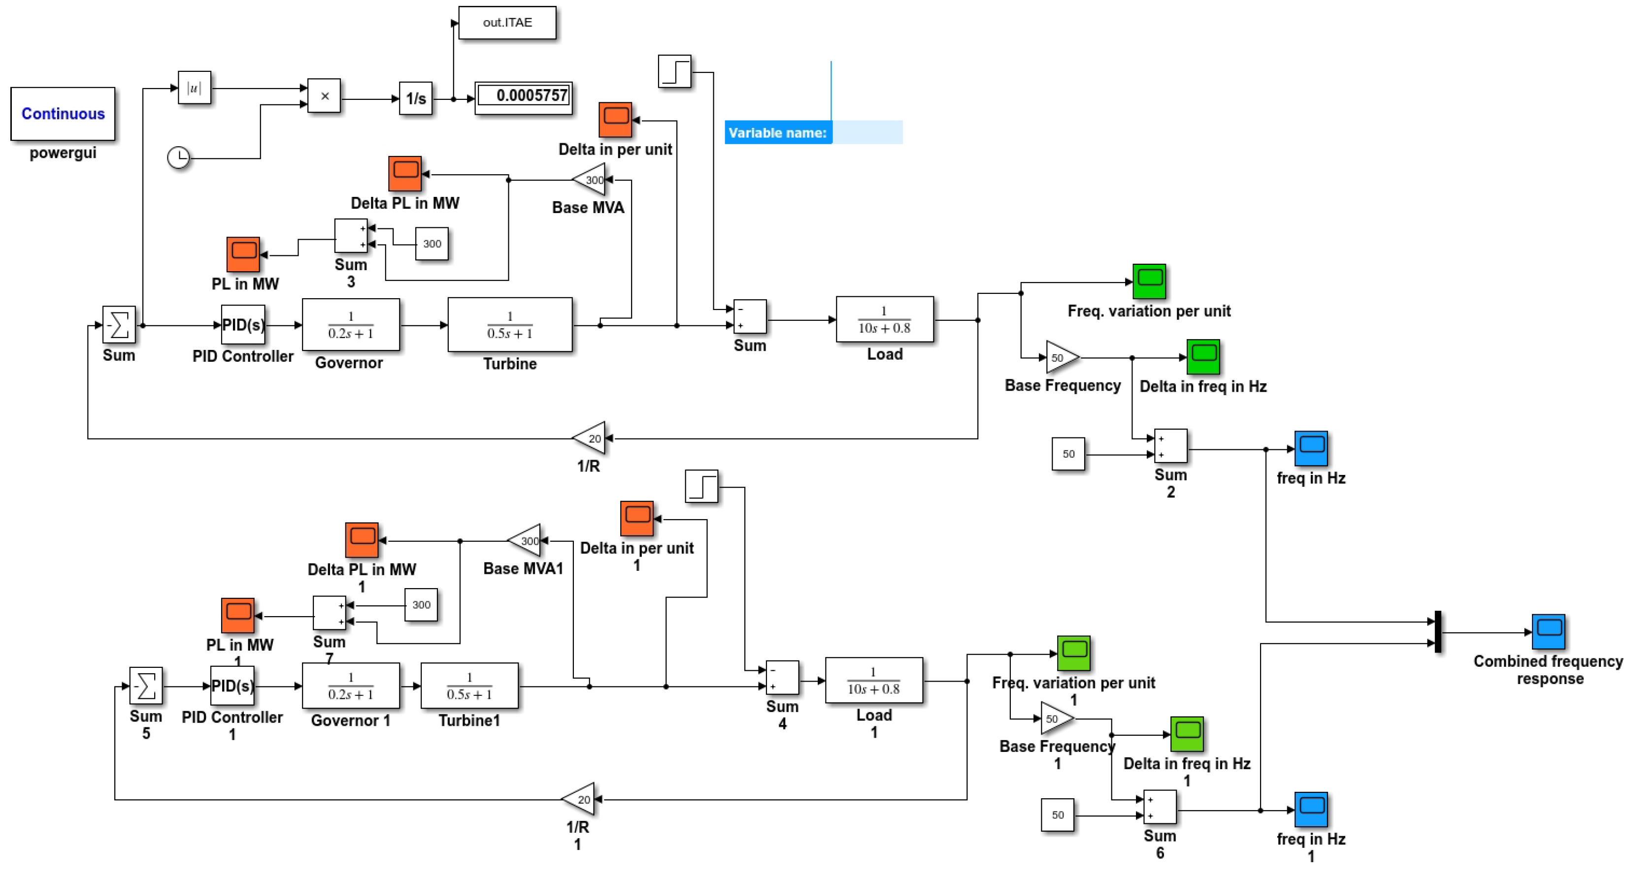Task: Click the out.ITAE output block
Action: (x=507, y=23)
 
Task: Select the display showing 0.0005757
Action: (x=524, y=97)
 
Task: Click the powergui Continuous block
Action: (x=63, y=114)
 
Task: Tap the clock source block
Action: (x=178, y=157)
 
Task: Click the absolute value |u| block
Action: (x=195, y=88)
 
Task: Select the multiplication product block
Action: (x=324, y=96)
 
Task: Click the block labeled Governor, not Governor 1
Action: (x=351, y=325)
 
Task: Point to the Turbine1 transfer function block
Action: (x=469, y=686)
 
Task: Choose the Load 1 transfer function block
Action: (x=874, y=681)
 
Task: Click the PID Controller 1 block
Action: (x=233, y=686)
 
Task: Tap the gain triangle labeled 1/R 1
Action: (x=580, y=799)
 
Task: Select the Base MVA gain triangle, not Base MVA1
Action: (x=591, y=180)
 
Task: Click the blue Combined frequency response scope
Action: (x=1548, y=631)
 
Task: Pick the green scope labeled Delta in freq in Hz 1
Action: (x=1187, y=734)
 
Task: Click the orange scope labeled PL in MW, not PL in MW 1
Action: (x=243, y=254)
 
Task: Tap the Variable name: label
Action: (x=777, y=133)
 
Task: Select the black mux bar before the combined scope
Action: (x=1438, y=631)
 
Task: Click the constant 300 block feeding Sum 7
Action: (x=421, y=605)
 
